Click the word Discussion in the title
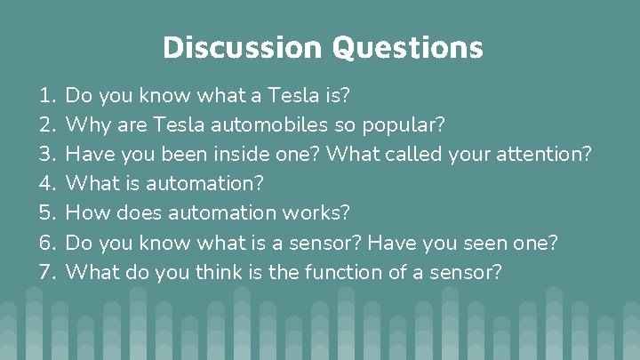(x=243, y=46)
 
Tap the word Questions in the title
(x=408, y=46)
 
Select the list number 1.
(x=46, y=94)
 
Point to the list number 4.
(x=46, y=183)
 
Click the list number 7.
(x=46, y=272)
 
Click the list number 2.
(x=46, y=124)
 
